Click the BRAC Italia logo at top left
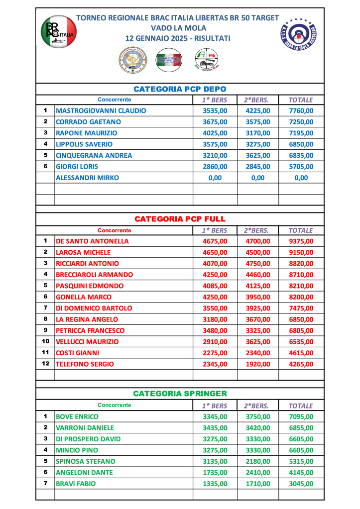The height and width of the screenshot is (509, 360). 58,32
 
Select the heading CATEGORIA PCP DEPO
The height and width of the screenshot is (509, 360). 180,89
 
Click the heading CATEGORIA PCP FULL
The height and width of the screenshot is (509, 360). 180,218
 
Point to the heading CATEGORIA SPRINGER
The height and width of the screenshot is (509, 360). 180,394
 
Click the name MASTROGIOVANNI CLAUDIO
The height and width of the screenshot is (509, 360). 101,111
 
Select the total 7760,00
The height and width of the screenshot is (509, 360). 301,111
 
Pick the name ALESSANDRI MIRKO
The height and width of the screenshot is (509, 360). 87,178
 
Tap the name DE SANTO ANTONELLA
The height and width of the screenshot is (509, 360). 92,241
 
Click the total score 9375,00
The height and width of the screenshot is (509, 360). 301,241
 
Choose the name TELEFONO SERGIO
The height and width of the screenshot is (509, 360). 85,364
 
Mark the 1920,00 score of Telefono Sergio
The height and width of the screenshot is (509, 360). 258,364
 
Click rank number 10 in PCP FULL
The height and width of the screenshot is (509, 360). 45,341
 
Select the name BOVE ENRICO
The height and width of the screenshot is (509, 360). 77,416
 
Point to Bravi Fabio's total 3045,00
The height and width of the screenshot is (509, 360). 301,483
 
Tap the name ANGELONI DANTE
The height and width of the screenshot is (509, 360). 84,472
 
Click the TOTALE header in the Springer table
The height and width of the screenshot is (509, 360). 301,406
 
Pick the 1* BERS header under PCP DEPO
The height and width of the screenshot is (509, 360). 215,100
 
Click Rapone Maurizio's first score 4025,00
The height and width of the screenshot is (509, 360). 215,133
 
